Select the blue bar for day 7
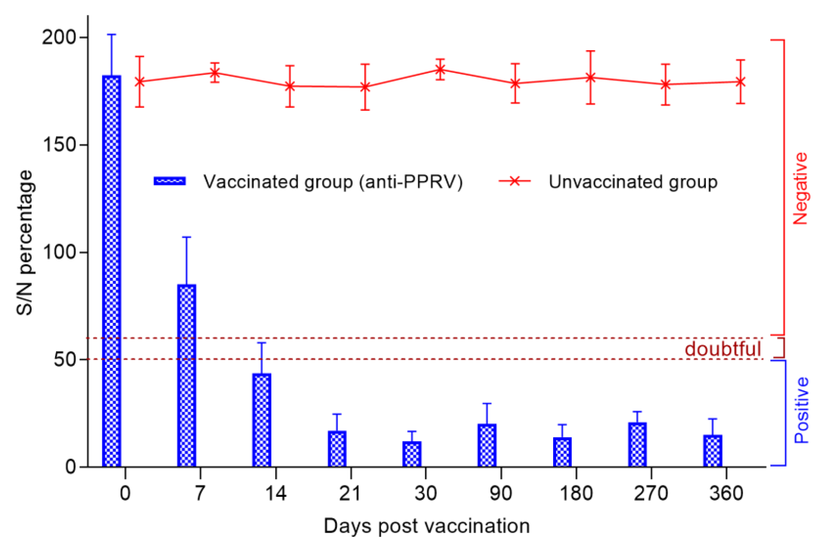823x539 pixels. click(x=187, y=375)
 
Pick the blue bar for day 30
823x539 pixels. click(x=412, y=454)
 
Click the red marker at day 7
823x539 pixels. click(x=215, y=73)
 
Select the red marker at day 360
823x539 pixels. click(x=740, y=82)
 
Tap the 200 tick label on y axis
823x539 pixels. click(x=59, y=37)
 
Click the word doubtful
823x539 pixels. click(x=723, y=349)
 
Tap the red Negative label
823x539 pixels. click(x=800, y=188)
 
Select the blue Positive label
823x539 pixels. click(x=801, y=410)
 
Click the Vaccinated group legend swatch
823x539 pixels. click(x=170, y=181)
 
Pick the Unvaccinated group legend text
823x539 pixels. click(x=633, y=182)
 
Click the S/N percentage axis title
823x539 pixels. click(x=25, y=242)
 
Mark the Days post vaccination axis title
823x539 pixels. click(x=426, y=526)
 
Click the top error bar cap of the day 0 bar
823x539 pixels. click(x=112, y=35)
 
